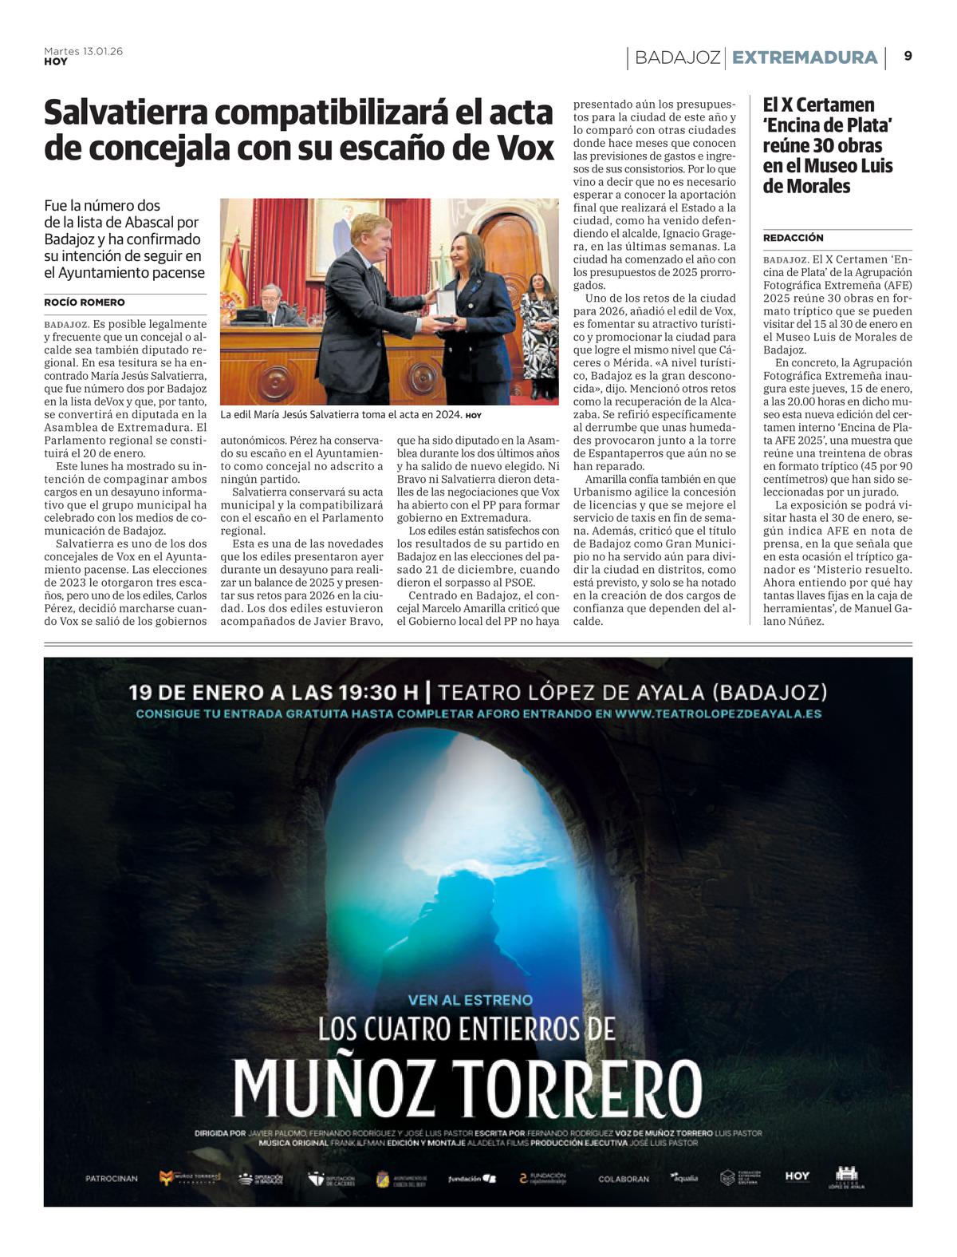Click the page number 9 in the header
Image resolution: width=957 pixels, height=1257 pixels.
(x=908, y=57)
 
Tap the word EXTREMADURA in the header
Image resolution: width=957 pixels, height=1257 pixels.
(x=805, y=57)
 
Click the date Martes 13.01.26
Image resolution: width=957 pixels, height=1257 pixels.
(x=83, y=51)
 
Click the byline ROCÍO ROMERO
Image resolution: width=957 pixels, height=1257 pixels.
(x=85, y=302)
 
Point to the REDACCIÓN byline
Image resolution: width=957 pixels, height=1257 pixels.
(x=793, y=238)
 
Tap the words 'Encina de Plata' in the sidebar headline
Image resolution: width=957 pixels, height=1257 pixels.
(x=827, y=125)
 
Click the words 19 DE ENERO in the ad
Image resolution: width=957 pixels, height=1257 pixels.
(x=196, y=692)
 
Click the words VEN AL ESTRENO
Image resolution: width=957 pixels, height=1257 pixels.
(x=470, y=999)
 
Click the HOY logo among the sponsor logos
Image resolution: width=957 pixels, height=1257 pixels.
(x=797, y=1176)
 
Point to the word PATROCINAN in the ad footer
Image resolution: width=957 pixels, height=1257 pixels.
(x=112, y=1178)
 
